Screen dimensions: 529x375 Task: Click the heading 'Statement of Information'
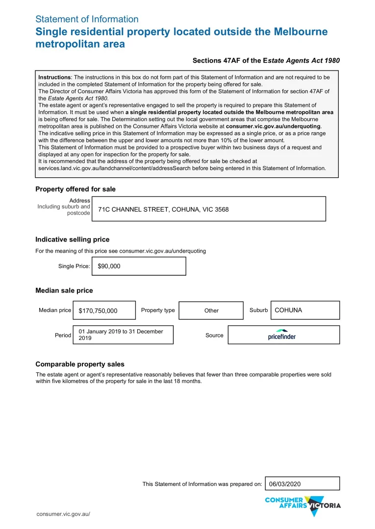(x=87, y=19)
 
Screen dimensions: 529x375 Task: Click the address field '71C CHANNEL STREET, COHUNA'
(x=163, y=209)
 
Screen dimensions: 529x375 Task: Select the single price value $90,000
(x=109, y=266)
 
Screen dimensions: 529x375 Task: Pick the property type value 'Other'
(x=211, y=311)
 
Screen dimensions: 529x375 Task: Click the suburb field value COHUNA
(x=289, y=310)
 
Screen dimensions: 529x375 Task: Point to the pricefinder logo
(x=282, y=335)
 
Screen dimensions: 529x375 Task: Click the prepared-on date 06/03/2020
(x=285, y=484)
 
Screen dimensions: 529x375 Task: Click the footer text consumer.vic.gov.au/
(x=63, y=514)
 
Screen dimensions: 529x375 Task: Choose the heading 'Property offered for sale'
(x=75, y=189)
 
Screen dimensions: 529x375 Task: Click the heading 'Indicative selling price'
(x=73, y=240)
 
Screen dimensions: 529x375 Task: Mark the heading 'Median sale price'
(x=64, y=290)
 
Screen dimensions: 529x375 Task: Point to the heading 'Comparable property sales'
(x=80, y=364)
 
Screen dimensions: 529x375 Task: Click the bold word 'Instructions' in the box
(x=55, y=77)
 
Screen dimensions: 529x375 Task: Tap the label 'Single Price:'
(x=74, y=266)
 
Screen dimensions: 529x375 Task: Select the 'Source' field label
(x=214, y=336)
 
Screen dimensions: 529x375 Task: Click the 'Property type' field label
(x=158, y=310)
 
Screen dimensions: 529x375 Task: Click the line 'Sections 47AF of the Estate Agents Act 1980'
(x=266, y=61)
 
